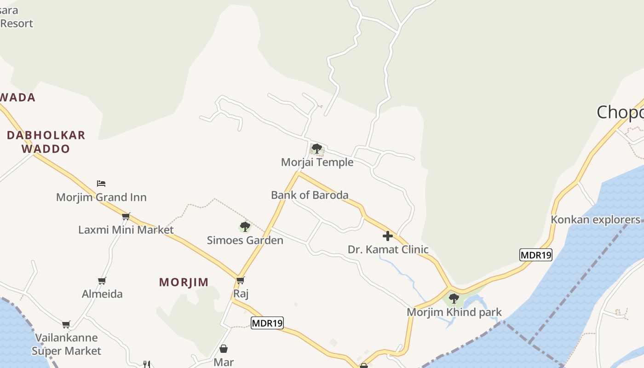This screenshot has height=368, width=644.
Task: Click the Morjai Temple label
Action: [x=317, y=162]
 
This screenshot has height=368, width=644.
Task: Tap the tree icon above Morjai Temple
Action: [x=316, y=149]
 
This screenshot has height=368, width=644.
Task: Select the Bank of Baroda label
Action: [x=310, y=195]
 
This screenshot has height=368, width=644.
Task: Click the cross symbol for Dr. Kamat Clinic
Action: [x=388, y=236]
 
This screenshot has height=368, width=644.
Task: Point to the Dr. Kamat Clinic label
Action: [x=388, y=250]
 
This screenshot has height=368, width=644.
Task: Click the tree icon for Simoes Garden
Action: [x=245, y=226]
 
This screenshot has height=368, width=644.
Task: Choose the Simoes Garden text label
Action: [x=245, y=240]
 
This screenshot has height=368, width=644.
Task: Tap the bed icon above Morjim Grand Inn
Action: [x=101, y=184]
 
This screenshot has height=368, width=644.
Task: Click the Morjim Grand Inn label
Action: [x=101, y=197]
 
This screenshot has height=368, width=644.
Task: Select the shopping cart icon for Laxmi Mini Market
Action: [x=126, y=216]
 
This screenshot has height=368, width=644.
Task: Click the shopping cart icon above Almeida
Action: [x=102, y=281]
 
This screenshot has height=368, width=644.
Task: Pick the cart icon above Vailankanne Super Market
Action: [x=66, y=324]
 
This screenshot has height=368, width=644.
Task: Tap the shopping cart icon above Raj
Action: [x=240, y=280]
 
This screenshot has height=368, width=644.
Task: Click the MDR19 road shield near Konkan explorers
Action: [x=536, y=255]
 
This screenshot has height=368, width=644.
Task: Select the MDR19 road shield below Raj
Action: [x=267, y=323]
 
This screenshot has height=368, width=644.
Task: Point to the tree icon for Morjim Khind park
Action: [x=454, y=299]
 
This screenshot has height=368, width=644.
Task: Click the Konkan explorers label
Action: [x=595, y=219]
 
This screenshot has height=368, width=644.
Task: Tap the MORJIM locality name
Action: [x=184, y=282]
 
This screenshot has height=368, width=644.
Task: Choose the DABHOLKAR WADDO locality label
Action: [x=46, y=142]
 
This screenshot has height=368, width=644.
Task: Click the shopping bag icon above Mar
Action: [x=224, y=349]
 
